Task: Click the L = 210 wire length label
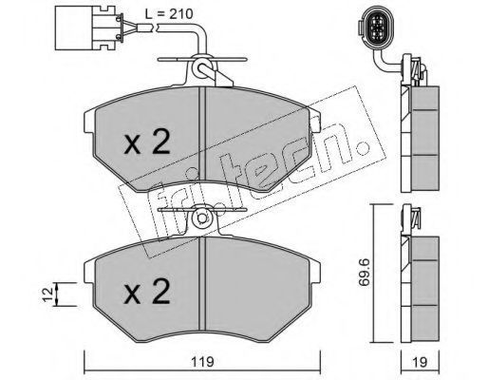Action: coord(169,14)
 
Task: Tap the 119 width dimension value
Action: coord(203,362)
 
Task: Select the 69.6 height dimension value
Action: coord(364,273)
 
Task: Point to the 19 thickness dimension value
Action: coord(420,362)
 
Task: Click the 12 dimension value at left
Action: coord(47,294)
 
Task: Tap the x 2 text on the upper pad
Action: coord(147,142)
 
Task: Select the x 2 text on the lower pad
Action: coord(147,292)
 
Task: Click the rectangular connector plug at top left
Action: coord(86,28)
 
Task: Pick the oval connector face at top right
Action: coord(376,30)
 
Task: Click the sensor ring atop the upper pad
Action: coord(201,66)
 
